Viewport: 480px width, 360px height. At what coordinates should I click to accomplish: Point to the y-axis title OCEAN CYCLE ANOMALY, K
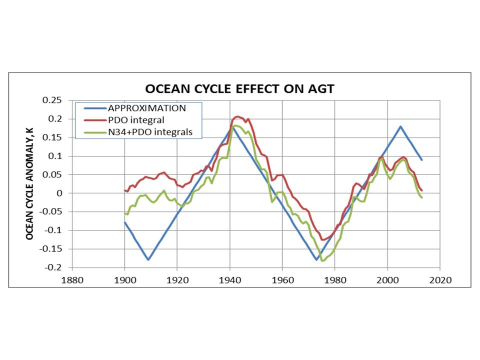click(x=30, y=183)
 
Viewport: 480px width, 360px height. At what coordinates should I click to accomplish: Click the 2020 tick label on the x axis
click(x=440, y=279)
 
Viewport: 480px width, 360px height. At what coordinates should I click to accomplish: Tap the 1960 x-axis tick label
click(x=282, y=279)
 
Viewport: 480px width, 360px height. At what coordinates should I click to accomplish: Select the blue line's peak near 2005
click(x=400, y=126)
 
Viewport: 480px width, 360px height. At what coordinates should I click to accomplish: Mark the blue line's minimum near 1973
click(x=316, y=260)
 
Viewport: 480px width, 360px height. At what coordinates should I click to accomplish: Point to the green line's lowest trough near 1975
click(x=322, y=260)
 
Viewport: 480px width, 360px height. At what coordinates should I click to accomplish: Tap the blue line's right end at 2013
click(x=421, y=160)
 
